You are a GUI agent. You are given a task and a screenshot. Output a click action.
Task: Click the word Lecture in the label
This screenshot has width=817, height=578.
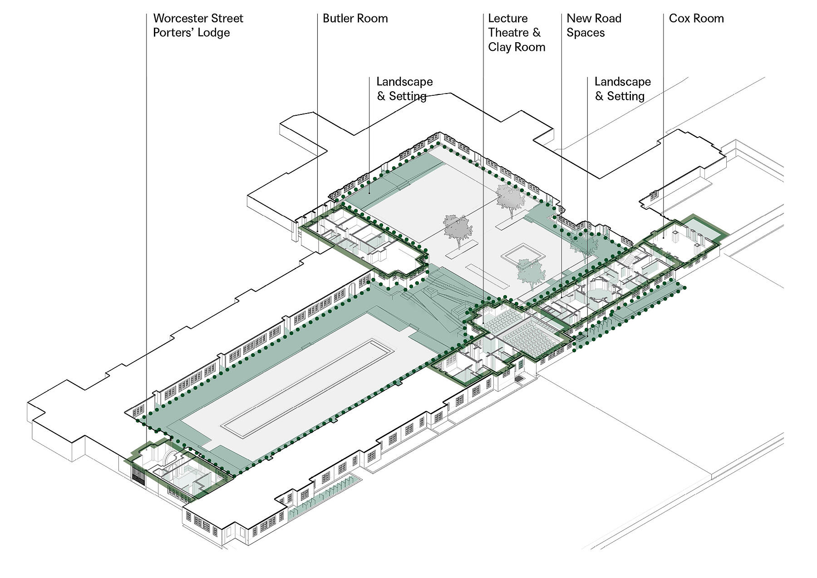click(508, 19)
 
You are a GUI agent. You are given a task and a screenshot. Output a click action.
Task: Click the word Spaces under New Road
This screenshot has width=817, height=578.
click(586, 33)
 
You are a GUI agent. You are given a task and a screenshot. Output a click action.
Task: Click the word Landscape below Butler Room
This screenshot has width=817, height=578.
click(404, 82)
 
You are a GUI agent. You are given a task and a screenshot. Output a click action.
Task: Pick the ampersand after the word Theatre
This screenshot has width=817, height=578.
click(536, 33)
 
